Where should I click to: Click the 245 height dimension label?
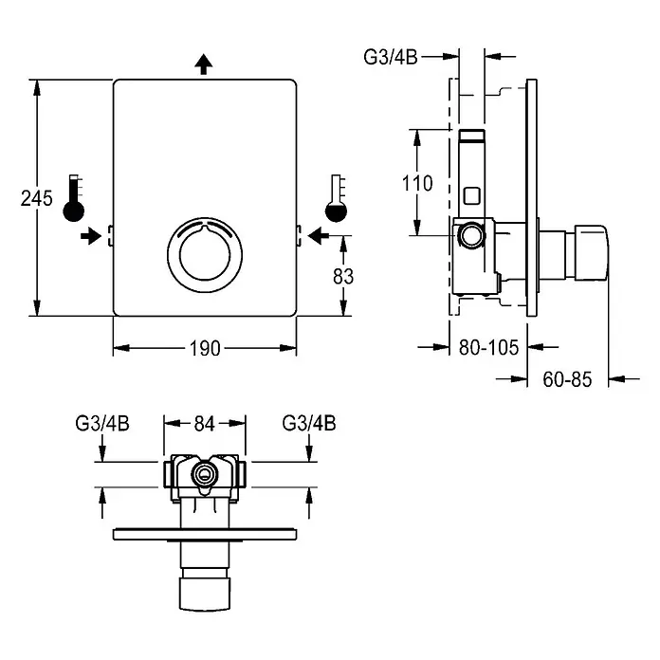[37, 198]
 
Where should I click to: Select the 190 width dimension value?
[205, 349]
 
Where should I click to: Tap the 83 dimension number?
[343, 277]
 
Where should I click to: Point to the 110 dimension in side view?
[417, 184]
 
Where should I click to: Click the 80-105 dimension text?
[488, 348]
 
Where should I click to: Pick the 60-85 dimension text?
[567, 379]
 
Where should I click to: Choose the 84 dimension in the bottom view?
[205, 424]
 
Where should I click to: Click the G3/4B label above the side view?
[391, 57]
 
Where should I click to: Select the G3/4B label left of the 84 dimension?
[102, 423]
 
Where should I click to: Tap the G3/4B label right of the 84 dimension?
[309, 423]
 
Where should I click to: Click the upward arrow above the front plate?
[204, 64]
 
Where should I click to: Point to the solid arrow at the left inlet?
[91, 236]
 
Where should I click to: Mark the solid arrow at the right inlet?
[319, 236]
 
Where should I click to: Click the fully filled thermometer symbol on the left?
[74, 198]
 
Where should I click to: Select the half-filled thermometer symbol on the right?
[337, 198]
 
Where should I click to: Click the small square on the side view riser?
[471, 195]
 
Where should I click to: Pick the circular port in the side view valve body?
[471, 235]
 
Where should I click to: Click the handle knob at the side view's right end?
[591, 252]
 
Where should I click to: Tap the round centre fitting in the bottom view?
[205, 475]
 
